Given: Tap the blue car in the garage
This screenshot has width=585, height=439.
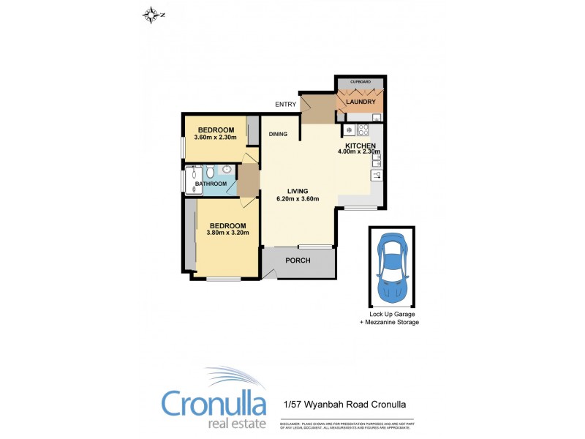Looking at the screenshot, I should [393, 267].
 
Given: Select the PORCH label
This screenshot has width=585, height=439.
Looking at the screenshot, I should [298, 260].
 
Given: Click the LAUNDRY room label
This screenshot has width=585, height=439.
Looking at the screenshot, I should [361, 102].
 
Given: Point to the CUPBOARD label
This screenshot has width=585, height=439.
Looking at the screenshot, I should [361, 82].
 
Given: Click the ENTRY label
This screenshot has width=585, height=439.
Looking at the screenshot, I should [285, 104].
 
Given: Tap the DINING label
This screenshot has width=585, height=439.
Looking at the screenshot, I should [277, 134].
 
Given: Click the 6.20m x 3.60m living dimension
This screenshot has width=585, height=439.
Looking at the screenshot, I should [297, 199].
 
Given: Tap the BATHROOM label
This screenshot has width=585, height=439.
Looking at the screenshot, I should [211, 184].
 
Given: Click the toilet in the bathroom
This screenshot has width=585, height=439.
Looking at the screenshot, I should [210, 172].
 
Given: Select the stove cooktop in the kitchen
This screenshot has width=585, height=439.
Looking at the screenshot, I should [363, 131].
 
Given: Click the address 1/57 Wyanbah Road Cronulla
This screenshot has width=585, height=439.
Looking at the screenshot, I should [344, 405].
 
